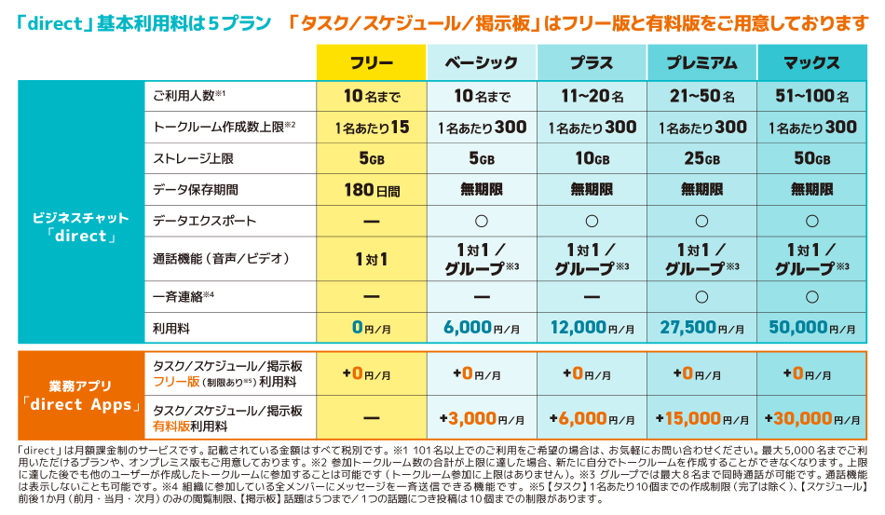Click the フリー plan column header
[371, 63]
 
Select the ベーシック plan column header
[481, 63]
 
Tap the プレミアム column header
[701, 63]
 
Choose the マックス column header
[811, 63]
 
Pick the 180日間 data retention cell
[371, 189]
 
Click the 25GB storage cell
[701, 158]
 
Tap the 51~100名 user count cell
[811, 96]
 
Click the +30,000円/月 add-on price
[811, 419]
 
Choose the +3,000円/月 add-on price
[481, 419]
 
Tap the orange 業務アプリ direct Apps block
[81, 396]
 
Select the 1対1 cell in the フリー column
[371, 259]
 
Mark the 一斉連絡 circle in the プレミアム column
[701, 296]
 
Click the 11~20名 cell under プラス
[592, 96]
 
